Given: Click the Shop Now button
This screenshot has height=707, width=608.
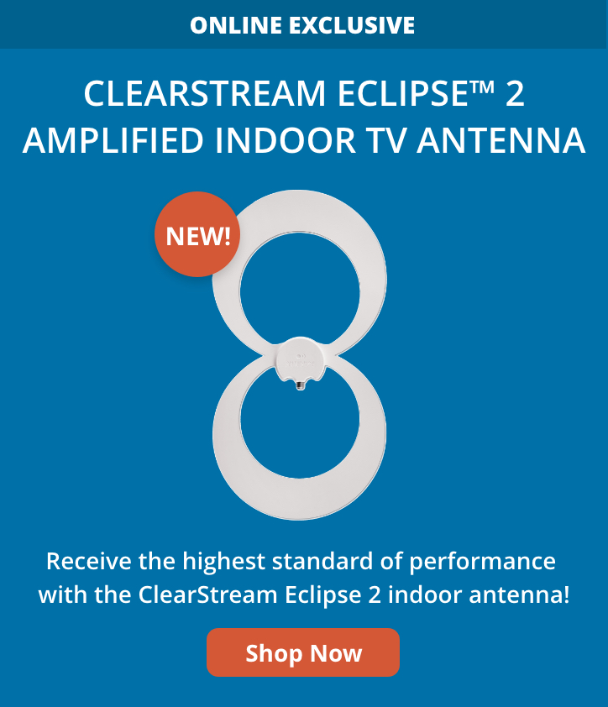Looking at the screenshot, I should click(303, 652).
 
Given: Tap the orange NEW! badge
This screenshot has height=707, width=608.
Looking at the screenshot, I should click(197, 234).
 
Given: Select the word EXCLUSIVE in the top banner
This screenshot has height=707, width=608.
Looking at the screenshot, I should click(352, 25).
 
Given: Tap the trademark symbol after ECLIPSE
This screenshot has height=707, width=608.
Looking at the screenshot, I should click(481, 87).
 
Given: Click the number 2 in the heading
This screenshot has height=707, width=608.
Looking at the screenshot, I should click(515, 94).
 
